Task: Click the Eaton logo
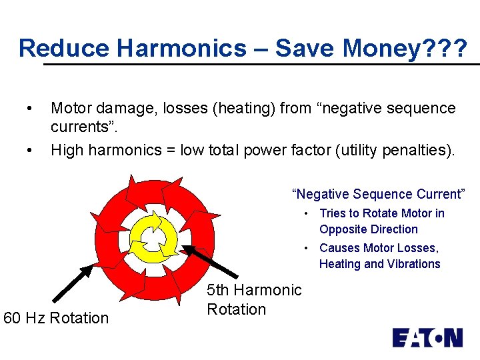click(x=427, y=338)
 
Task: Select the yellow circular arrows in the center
click(x=155, y=237)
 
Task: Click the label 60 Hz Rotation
click(x=56, y=318)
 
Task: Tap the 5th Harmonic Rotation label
click(x=254, y=299)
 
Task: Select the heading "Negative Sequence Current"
click(x=378, y=194)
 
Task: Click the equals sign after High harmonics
click(x=171, y=151)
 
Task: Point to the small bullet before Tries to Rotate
click(x=305, y=213)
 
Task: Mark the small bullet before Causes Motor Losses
click(x=305, y=248)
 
